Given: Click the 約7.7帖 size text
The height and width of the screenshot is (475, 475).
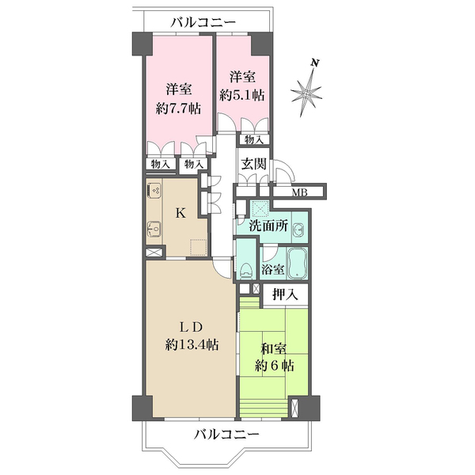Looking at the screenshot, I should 179,109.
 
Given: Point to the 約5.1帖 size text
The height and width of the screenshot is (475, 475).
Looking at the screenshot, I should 243,94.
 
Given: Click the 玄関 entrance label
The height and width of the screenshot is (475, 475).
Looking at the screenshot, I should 255,168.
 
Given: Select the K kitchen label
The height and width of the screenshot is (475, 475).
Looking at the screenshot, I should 180,213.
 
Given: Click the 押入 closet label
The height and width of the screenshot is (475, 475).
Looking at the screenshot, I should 285,295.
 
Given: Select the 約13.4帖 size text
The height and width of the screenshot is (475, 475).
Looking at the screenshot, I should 192,345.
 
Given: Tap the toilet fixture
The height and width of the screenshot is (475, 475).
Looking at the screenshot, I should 246,267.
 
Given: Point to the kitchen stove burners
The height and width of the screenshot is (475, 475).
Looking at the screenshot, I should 155,191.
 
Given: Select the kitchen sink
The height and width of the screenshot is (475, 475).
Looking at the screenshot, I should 154,230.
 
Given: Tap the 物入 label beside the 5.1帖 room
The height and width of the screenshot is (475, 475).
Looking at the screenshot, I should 254,140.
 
